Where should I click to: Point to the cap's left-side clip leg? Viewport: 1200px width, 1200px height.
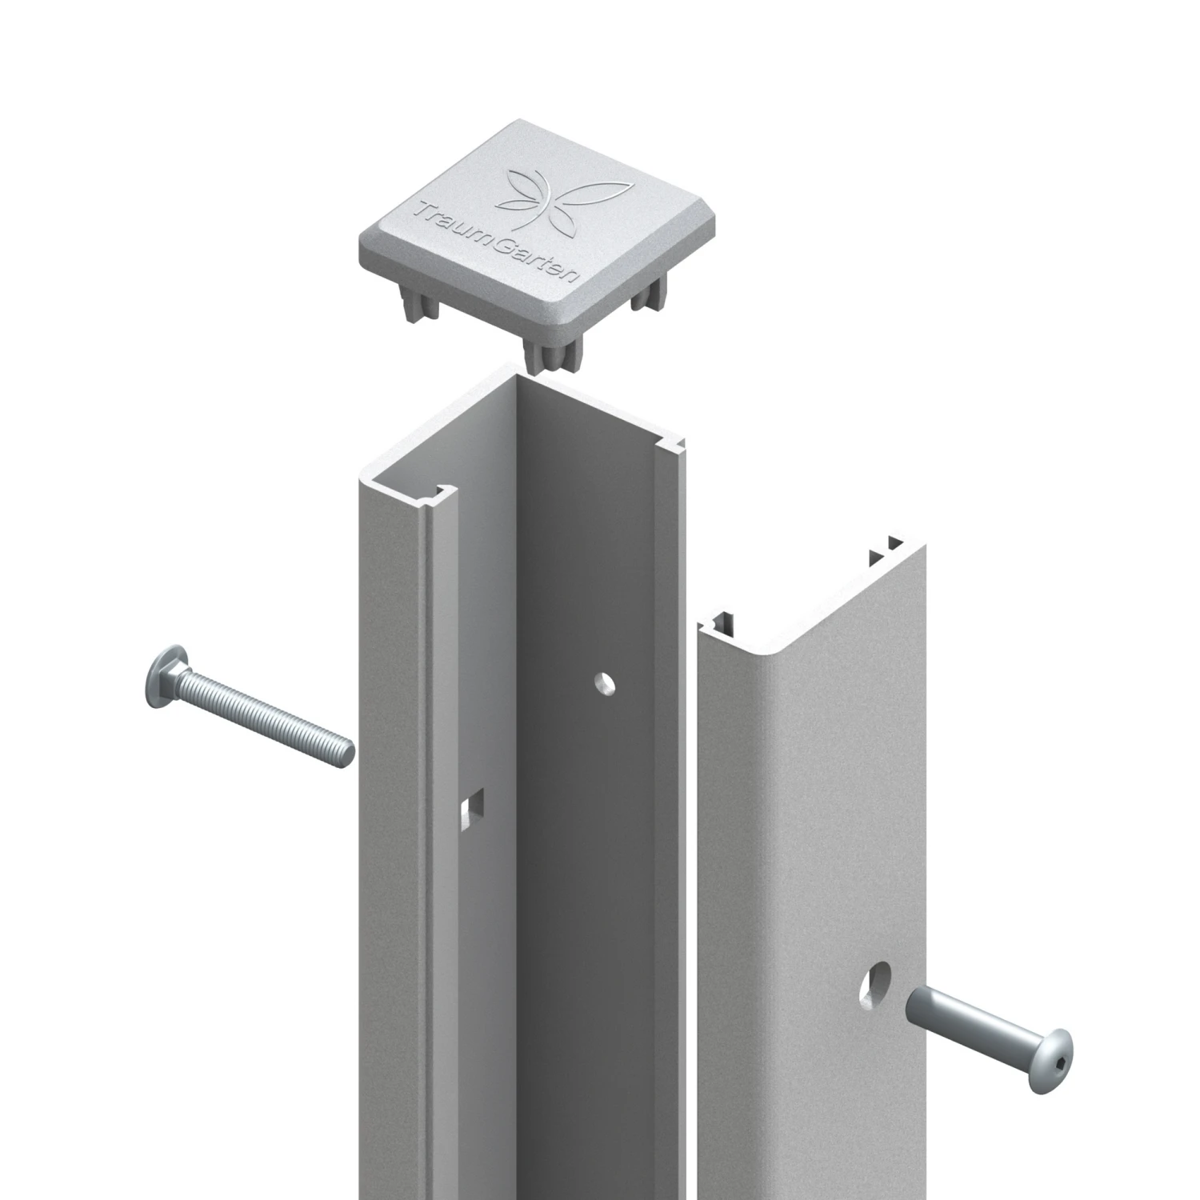pyautogui.click(x=419, y=307)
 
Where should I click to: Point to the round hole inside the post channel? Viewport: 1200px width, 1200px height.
pyautogui.click(x=606, y=684)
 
